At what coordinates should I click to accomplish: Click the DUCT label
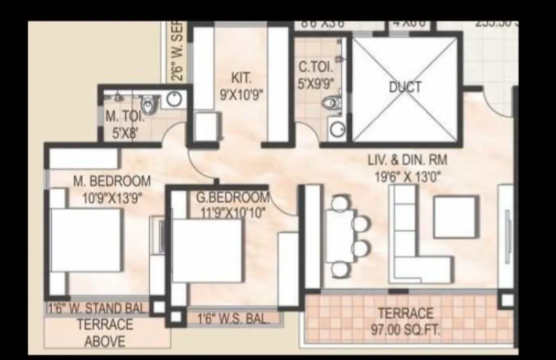pyautogui.click(x=406, y=87)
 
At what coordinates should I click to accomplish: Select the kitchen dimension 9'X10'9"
pyautogui.click(x=241, y=95)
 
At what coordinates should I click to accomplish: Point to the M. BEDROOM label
pyautogui.click(x=111, y=181)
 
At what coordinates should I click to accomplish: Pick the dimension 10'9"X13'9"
pyautogui.click(x=111, y=197)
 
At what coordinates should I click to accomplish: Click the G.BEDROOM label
pyautogui.click(x=233, y=197)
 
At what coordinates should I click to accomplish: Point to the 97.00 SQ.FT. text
pyautogui.click(x=406, y=331)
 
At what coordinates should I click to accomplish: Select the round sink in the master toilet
pyautogui.click(x=175, y=99)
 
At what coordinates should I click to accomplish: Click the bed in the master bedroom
pyautogui.click(x=85, y=240)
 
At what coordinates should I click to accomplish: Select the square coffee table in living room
pyautogui.click(x=456, y=216)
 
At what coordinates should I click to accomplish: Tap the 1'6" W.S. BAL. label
pyautogui.click(x=233, y=319)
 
